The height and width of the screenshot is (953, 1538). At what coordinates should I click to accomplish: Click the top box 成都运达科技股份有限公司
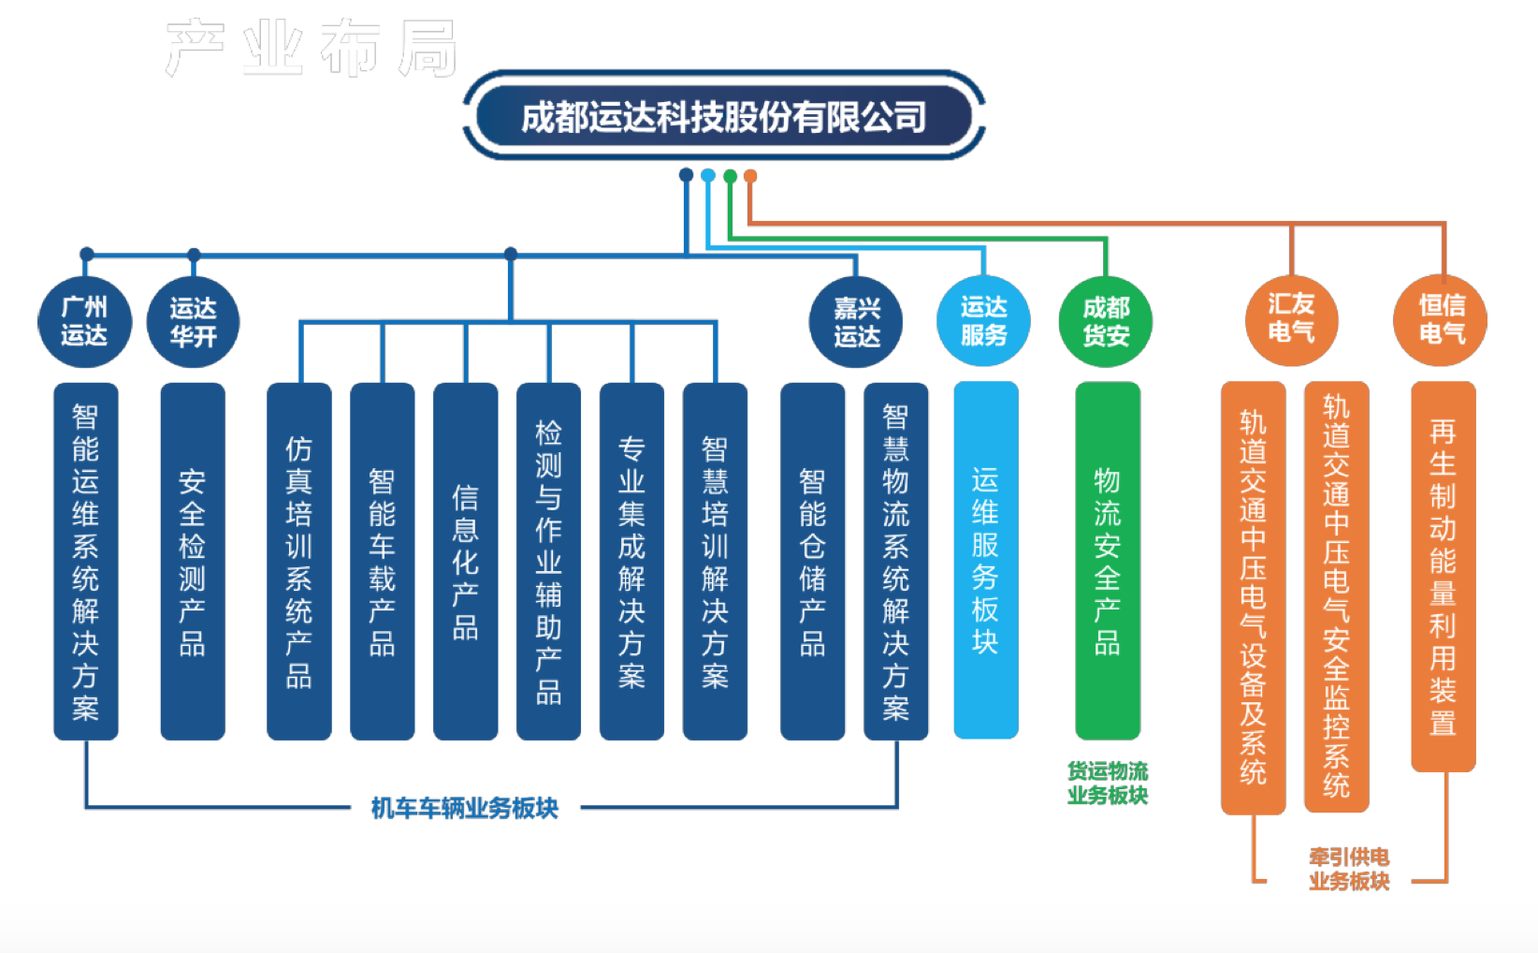[x=723, y=116]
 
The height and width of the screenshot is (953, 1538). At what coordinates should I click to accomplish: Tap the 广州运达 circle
[x=84, y=321]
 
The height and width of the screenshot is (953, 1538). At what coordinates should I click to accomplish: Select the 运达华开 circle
[x=193, y=321]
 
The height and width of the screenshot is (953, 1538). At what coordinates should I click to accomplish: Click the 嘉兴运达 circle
[x=856, y=321]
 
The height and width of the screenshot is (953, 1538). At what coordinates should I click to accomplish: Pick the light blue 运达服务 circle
[x=983, y=320]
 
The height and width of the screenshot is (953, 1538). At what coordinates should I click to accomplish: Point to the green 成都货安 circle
[x=1106, y=321]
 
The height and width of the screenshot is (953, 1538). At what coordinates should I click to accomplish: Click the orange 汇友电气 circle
[x=1291, y=318]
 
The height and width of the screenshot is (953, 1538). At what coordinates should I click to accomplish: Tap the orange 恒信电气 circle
[x=1441, y=319]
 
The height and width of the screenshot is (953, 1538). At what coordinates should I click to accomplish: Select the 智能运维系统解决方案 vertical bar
[x=85, y=561]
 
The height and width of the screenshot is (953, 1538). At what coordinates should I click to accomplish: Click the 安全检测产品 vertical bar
[x=193, y=561]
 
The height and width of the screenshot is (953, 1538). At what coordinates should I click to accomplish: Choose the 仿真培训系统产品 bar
[x=298, y=561]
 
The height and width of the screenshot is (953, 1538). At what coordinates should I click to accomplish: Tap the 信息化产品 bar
[x=465, y=561]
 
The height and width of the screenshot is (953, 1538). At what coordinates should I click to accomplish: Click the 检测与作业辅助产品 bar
[x=548, y=561]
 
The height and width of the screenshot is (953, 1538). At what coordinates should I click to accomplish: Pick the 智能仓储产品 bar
[x=812, y=561]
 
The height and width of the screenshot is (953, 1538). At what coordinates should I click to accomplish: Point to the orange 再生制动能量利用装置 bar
[x=1443, y=576]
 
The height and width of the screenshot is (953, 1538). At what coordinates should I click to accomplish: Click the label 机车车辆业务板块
[x=464, y=808]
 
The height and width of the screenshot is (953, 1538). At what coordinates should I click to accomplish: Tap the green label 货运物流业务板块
[x=1108, y=783]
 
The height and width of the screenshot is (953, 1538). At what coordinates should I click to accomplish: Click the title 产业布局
[x=311, y=48]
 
